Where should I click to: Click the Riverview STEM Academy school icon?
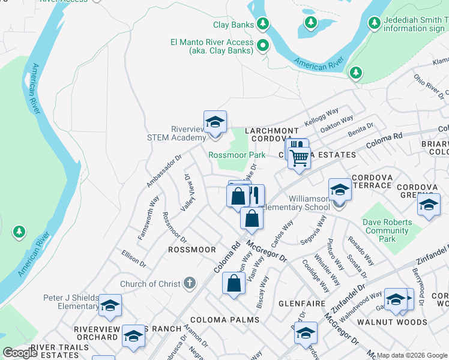point(215,123)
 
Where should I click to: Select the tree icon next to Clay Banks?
point(262,24)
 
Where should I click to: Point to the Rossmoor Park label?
point(237,155)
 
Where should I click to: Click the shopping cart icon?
point(299,159)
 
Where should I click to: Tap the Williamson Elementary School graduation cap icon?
point(340,191)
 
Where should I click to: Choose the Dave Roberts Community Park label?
point(388,230)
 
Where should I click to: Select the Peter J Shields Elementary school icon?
point(110,306)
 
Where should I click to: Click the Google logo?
point(20,353)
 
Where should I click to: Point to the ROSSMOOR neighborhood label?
point(191,249)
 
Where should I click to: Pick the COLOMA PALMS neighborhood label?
point(225,320)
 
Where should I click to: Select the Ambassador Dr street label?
point(164,170)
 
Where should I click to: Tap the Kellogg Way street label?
point(322,116)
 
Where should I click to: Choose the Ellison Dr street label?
point(134,259)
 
